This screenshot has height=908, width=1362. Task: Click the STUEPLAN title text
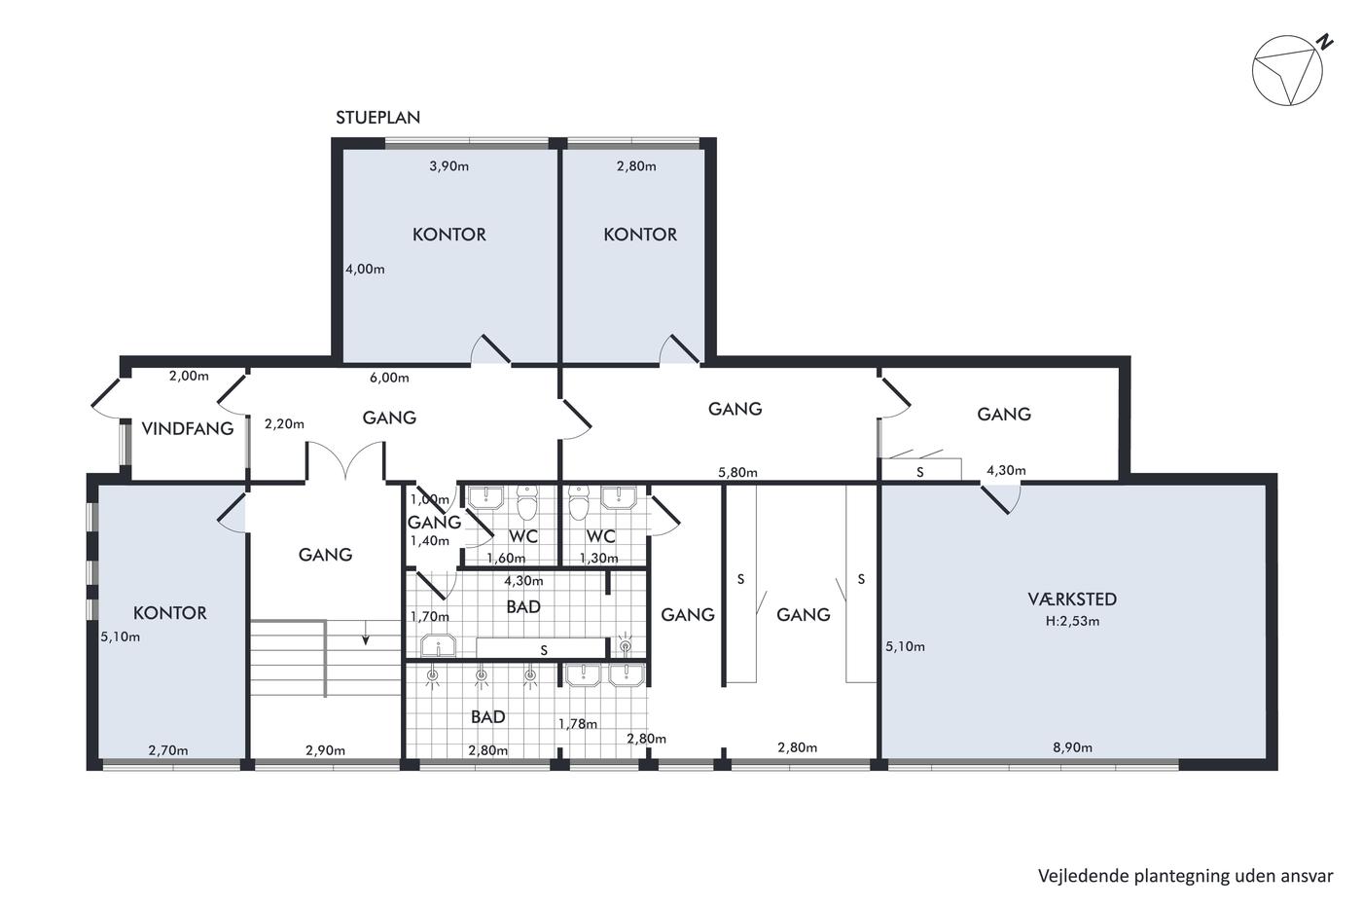[377, 118]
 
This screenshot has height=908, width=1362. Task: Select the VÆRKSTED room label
[1072, 599]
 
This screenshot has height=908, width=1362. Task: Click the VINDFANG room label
[187, 429]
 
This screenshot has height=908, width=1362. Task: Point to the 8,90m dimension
[1072, 747]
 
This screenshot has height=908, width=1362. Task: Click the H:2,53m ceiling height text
[1072, 621]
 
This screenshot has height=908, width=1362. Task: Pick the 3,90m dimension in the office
[448, 166]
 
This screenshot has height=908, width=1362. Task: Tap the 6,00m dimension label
[389, 378]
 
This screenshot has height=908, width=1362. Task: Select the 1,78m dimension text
[578, 724]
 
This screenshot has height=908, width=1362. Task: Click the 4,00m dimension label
[365, 269]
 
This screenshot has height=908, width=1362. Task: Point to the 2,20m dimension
[284, 424]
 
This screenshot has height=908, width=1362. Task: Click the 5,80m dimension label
[737, 473]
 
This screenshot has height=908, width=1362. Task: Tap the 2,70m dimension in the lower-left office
[167, 750]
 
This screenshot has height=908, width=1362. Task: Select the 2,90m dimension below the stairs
[325, 750]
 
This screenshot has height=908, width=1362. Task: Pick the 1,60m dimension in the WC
[506, 558]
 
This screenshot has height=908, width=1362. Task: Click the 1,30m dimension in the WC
[599, 558]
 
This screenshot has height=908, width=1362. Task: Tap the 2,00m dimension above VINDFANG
[189, 376]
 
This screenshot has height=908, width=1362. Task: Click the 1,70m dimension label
[429, 617]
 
